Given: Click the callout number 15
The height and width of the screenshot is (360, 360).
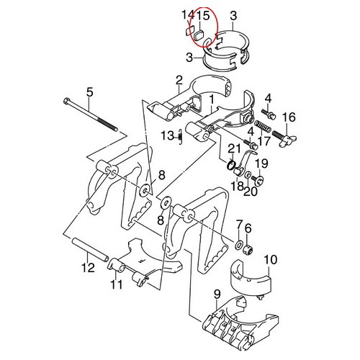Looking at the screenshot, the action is tap(203, 16).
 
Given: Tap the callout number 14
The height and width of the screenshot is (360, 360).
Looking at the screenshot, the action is tap(188, 15).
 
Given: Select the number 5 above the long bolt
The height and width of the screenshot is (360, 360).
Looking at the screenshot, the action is tap(89, 92).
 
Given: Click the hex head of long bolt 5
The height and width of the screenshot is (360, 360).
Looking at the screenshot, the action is tap(66, 101).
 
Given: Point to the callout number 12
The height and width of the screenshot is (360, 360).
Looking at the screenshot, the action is tap(88, 267).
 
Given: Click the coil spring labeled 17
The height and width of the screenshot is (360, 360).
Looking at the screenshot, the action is tap(264, 127).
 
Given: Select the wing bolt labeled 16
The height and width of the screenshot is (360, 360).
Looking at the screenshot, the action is tap(284, 138).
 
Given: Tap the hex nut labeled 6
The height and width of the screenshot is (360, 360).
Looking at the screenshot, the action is tap(248, 251).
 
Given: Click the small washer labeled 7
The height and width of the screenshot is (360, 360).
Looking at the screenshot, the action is tap(238, 245).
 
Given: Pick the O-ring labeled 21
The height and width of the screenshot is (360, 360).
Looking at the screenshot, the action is tap(231, 166).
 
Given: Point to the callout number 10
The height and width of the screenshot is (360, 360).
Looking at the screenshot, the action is tap(271, 260).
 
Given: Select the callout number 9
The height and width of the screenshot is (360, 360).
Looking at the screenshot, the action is tap(217, 294).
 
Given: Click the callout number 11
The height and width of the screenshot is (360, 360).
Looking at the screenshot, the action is tap(117, 284).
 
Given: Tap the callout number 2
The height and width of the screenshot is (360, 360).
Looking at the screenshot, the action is tap(179, 81).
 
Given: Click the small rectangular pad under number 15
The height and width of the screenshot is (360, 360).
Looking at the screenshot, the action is tap(199, 36).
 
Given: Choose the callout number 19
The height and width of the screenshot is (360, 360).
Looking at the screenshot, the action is tap(261, 163).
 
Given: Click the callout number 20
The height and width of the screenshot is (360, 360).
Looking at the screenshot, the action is tap(251, 192).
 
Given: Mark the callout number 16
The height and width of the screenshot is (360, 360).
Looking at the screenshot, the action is tap(289, 117).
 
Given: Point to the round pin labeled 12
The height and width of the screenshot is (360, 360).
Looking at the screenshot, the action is tap(91, 250).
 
